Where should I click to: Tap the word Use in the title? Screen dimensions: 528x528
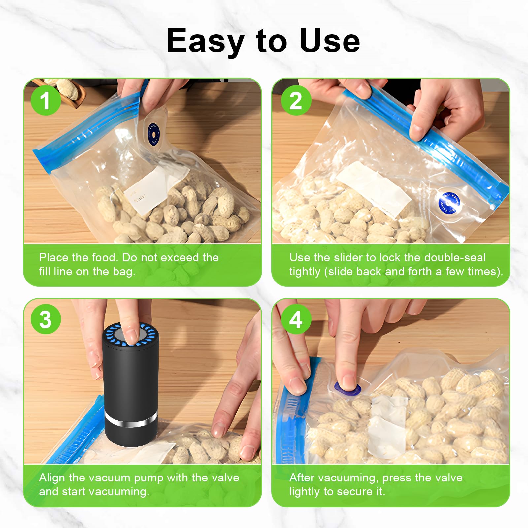pyautogui.click(x=329, y=41)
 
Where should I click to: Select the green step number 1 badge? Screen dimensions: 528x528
pyautogui.click(x=46, y=100)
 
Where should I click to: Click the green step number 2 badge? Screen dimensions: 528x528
pyautogui.click(x=296, y=100)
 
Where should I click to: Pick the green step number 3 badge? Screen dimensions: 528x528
pyautogui.click(x=46, y=319)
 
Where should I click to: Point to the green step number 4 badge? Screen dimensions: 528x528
pyautogui.click(x=296, y=319)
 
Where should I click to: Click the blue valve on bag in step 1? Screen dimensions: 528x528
pyautogui.click(x=153, y=134)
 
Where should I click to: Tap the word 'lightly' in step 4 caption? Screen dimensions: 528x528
pyautogui.click(x=305, y=492)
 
